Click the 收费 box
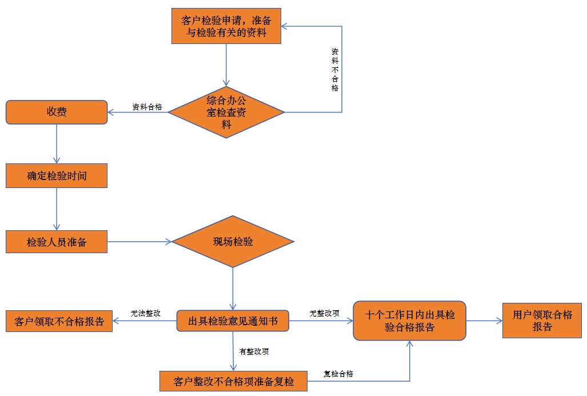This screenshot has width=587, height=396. pos(57,112)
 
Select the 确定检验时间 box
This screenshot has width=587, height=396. pos(57,175)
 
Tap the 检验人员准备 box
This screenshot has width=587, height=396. pos(57,242)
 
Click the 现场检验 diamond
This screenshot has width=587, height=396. pos(233,242)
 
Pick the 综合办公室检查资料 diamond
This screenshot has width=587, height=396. pos(226,113)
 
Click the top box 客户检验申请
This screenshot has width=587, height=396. pos(226,26)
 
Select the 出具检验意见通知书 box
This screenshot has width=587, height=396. pos(233,322)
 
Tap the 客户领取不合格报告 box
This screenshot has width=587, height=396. pos(59,322)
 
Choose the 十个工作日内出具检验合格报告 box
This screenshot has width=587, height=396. pos(409,321)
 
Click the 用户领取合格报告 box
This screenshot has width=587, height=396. pos(542,321)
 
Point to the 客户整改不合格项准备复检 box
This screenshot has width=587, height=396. pos(233,381)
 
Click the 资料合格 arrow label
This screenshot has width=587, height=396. pos(147,107)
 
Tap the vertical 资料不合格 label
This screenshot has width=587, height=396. pos(335,70)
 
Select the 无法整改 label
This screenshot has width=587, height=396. pos(145,313)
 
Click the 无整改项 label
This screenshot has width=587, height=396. pos(324,313)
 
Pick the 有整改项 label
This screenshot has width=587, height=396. pos(254,351)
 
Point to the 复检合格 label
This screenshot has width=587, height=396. pos(338,374)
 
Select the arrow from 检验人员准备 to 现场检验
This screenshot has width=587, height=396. pos(139,242)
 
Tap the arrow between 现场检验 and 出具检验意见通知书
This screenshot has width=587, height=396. pos(233,289)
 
